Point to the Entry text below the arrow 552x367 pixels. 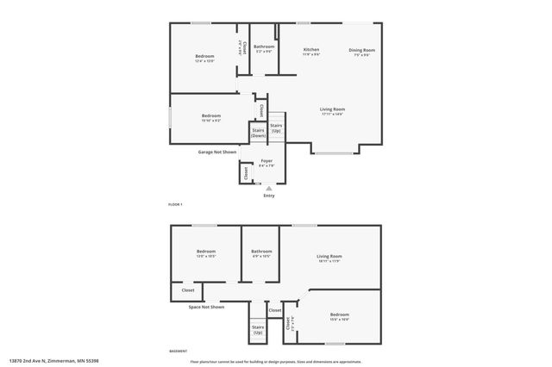point(268,196)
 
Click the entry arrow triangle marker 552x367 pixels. point(268,187)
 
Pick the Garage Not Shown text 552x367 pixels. point(216,152)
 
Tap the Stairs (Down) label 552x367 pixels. point(258,133)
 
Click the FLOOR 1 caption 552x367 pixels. point(175,203)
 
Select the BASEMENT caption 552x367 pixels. point(177,351)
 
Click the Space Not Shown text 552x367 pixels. point(206,307)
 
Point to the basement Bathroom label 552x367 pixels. point(261,253)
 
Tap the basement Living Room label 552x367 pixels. point(329,258)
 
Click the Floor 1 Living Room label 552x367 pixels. point(332,111)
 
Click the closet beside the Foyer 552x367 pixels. point(246,172)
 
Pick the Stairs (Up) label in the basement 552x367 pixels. point(258,329)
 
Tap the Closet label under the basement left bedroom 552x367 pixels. point(188,290)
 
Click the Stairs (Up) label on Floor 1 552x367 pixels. point(276,128)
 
